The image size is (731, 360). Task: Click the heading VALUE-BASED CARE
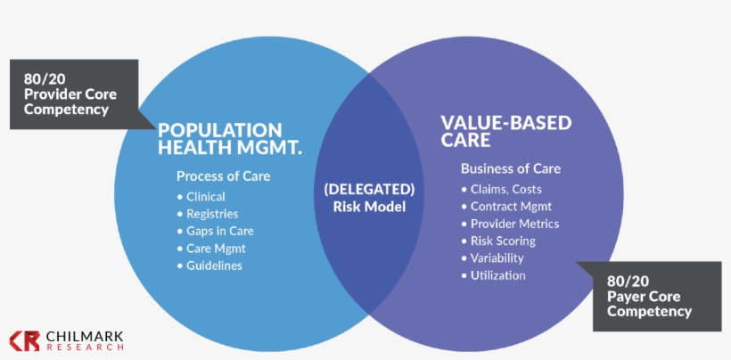(505, 132)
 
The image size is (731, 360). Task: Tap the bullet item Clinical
(206, 196)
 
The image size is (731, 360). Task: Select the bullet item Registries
(212, 214)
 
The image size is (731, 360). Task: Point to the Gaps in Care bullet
(219, 231)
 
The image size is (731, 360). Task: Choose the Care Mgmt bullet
(216, 249)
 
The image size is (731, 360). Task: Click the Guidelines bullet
(214, 266)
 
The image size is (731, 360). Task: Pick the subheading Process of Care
(223, 176)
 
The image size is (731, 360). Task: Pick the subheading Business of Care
(510, 168)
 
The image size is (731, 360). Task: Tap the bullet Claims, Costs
(505, 189)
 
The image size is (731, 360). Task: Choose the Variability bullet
(497, 258)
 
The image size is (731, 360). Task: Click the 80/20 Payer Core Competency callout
(648, 296)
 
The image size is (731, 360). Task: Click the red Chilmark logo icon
(24, 340)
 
